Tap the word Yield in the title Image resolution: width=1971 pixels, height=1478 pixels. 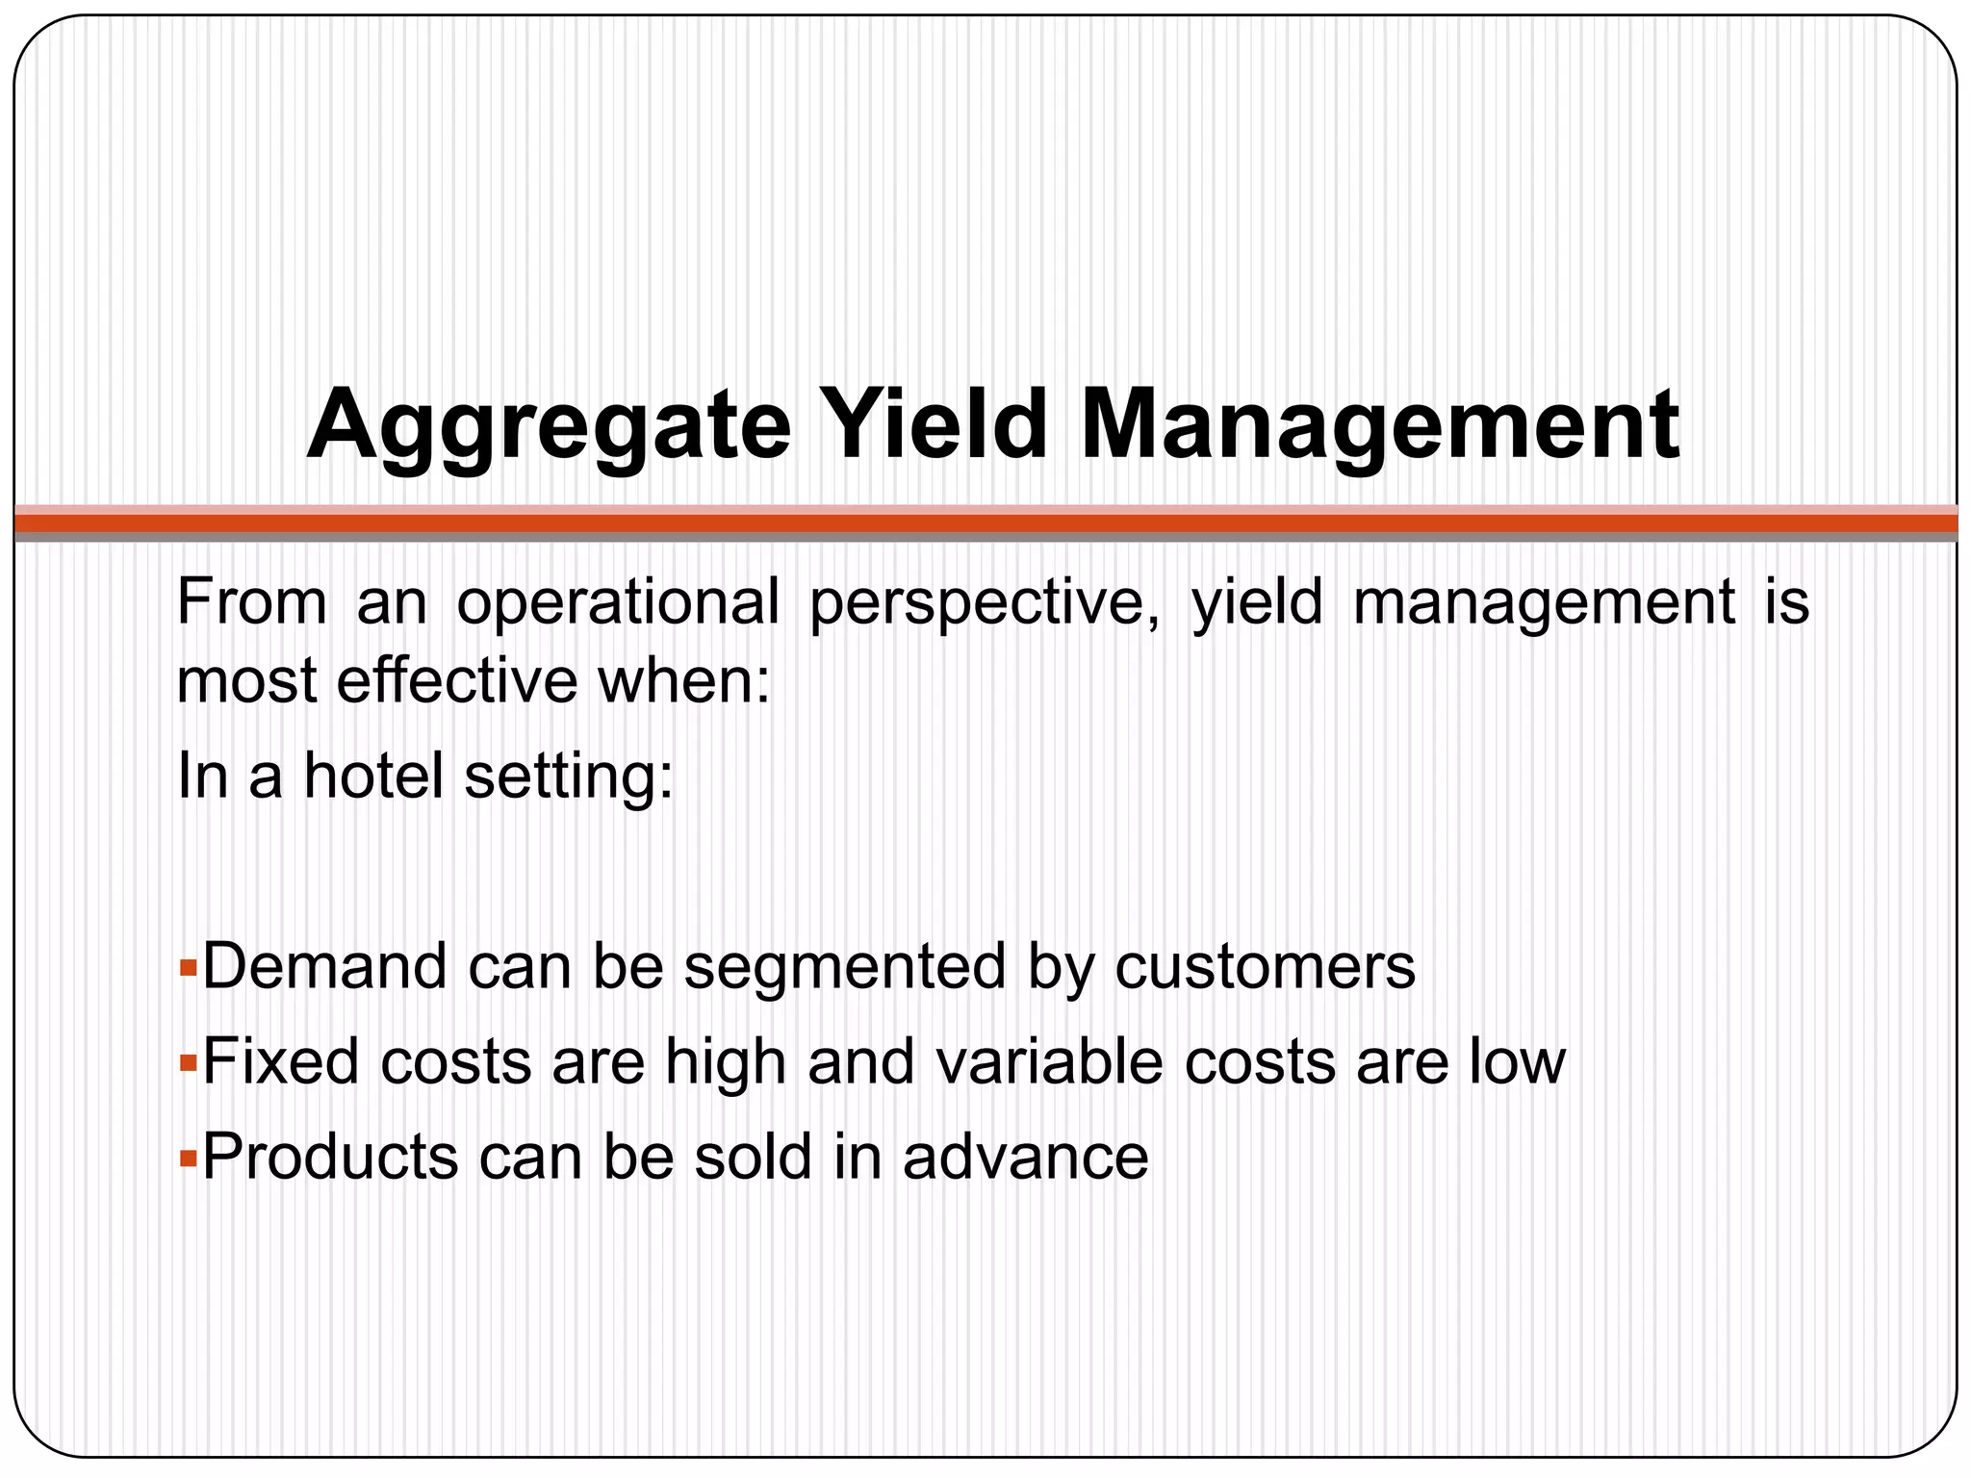[x=934, y=423]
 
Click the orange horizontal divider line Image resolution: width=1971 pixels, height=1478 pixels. [x=985, y=523]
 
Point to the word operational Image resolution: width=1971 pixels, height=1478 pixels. [x=617, y=603]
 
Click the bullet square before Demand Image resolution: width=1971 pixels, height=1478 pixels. [x=188, y=965]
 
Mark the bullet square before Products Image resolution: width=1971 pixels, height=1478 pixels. [x=188, y=1156]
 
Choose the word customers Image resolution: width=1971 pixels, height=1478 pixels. [x=1265, y=967]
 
